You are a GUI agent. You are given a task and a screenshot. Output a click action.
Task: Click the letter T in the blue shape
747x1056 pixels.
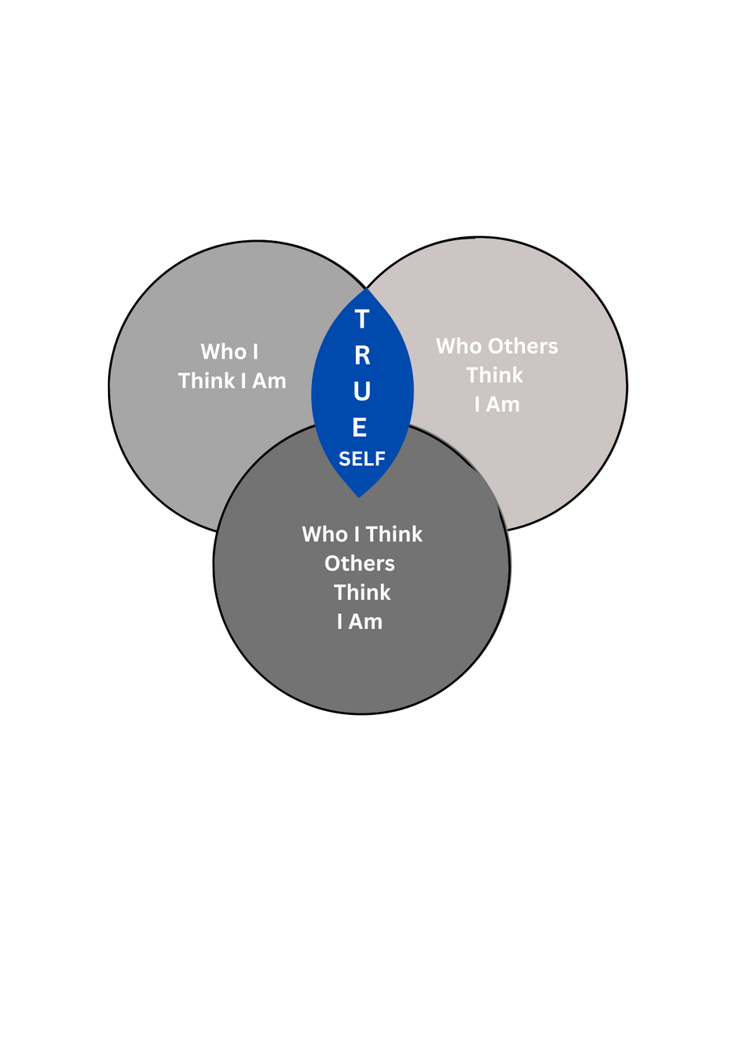point(361,319)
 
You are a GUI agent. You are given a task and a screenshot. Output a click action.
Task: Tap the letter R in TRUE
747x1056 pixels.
point(362,355)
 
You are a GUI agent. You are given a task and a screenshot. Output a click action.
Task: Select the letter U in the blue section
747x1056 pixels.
point(361,391)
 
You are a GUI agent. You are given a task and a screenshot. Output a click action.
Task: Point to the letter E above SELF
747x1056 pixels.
point(360,427)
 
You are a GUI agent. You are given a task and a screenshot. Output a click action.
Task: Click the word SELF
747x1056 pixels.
point(362,458)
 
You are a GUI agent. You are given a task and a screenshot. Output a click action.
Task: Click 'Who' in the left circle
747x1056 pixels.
point(223,352)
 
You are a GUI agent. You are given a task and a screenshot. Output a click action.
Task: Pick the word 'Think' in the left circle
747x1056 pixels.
point(207,381)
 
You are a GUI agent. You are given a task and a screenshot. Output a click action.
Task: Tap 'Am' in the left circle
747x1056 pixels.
point(269,382)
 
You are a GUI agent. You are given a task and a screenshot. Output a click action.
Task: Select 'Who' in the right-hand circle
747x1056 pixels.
point(458,346)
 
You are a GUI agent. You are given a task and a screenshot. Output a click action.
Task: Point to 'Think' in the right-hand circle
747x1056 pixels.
point(494,375)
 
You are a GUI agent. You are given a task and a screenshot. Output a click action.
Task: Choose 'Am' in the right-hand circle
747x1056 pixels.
point(503,404)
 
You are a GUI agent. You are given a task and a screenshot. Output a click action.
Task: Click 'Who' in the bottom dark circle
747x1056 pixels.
point(325,534)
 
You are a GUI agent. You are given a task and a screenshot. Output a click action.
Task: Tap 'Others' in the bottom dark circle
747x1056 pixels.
point(360,564)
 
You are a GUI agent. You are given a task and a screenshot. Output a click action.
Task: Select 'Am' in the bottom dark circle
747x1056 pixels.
point(365,622)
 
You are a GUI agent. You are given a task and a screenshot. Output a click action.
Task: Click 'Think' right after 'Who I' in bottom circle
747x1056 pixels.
point(394,534)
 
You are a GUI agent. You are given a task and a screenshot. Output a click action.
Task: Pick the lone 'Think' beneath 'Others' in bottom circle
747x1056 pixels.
point(362,593)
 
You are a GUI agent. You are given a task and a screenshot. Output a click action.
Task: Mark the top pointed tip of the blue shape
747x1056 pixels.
point(366,290)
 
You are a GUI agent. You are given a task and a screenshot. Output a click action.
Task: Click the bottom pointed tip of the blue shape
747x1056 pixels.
point(359,496)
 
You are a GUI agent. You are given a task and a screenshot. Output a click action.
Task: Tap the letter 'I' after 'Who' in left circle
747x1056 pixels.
point(255,352)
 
